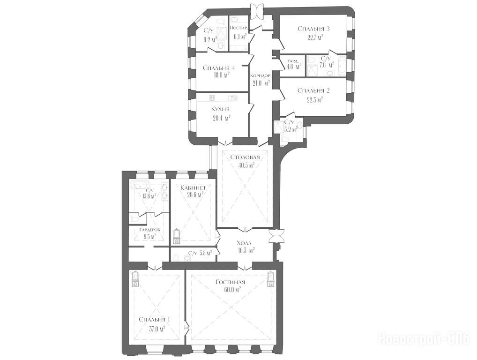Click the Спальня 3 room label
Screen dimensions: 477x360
click(x=313, y=29)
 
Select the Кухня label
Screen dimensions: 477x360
click(x=220, y=109)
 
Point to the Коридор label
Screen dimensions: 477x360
click(x=260, y=75)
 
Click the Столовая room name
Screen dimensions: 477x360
click(x=245, y=157)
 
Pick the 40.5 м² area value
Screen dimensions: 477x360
click(x=246, y=165)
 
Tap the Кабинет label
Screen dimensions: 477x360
click(x=193, y=187)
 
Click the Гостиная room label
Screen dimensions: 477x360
click(x=230, y=282)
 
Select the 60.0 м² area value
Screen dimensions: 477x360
click(x=232, y=290)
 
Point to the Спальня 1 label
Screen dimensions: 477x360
click(x=154, y=320)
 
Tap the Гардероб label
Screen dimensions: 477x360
click(x=149, y=230)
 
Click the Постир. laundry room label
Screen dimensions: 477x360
click(x=239, y=28)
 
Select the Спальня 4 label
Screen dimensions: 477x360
click(x=219, y=68)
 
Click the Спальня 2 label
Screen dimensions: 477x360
click(x=313, y=90)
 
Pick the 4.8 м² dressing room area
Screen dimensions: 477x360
click(x=294, y=66)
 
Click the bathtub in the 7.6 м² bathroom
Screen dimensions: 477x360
click(x=341, y=66)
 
